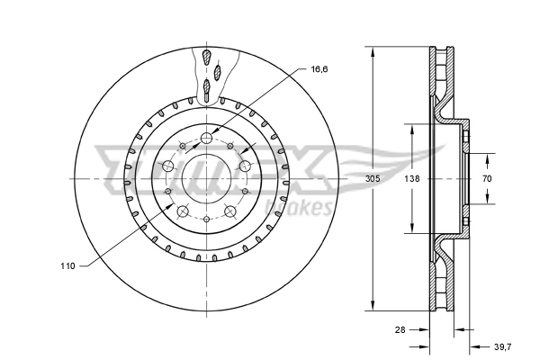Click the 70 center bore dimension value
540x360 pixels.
coord(487,179)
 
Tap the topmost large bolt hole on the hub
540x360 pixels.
coord(207,138)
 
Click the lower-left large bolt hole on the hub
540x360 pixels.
coord(182,212)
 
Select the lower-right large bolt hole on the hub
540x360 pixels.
coord(231,212)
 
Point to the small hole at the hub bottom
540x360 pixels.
coord(207,220)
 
